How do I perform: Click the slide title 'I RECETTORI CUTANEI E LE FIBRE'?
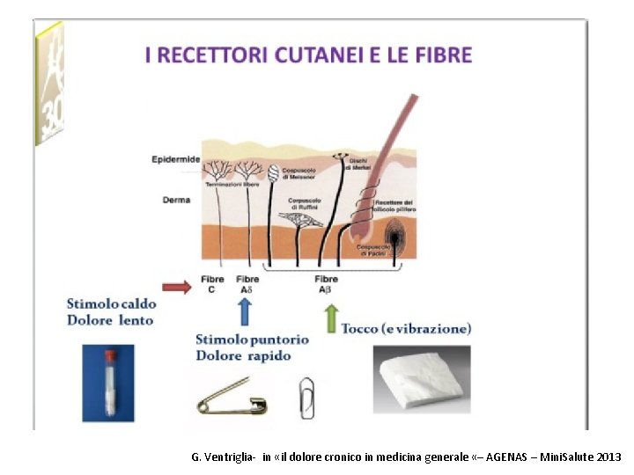pyautogui.click(x=308, y=55)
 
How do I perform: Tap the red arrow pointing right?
pyautogui.click(x=176, y=286)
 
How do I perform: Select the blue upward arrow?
pyautogui.click(x=244, y=311)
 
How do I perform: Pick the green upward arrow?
pyautogui.click(x=331, y=318)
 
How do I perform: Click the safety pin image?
pyautogui.click(x=234, y=397)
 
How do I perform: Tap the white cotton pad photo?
pyautogui.click(x=421, y=379)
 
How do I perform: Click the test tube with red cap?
pyautogui.click(x=110, y=384)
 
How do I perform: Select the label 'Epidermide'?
pyautogui.click(x=175, y=159)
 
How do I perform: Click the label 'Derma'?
pyautogui.click(x=176, y=200)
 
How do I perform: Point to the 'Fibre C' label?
pyautogui.click(x=212, y=283)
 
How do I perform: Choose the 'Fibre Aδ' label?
pyautogui.click(x=248, y=283)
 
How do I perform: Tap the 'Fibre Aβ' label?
pyautogui.click(x=326, y=283)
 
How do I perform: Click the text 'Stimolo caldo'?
pyautogui.click(x=110, y=303)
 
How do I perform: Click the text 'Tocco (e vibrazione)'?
pyautogui.click(x=406, y=328)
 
